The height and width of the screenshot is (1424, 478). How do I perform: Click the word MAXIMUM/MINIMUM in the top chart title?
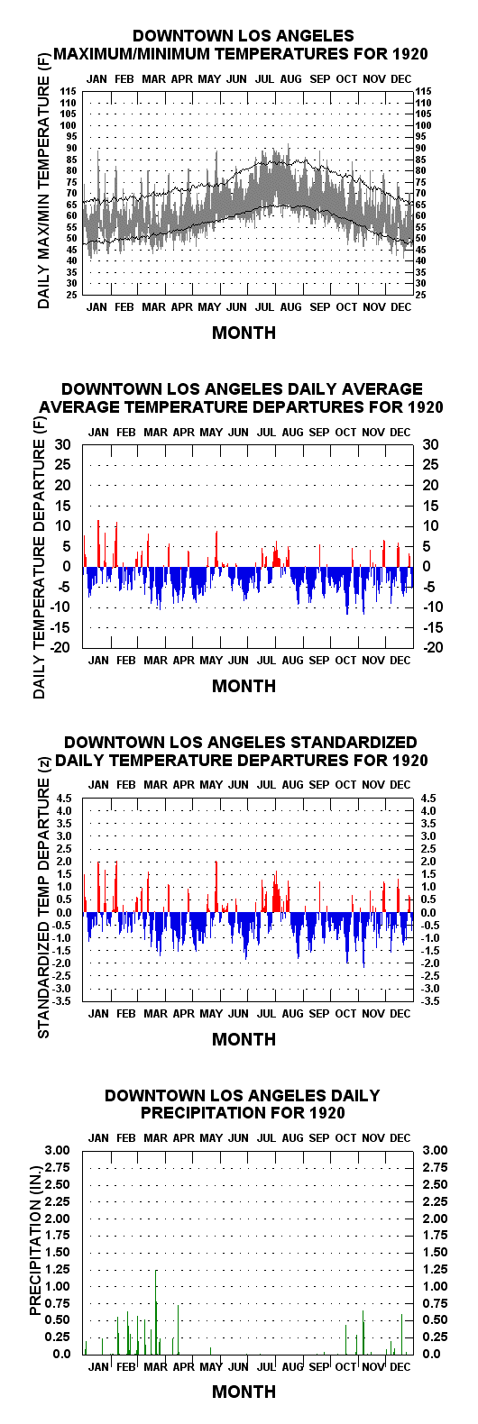click(x=133, y=54)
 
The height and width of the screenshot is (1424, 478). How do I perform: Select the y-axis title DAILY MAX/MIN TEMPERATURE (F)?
click(x=43, y=191)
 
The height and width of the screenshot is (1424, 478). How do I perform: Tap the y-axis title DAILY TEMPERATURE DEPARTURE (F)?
click(x=40, y=561)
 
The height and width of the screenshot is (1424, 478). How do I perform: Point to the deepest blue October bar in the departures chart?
click(x=347, y=590)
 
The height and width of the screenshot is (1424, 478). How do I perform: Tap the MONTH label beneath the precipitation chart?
click(x=244, y=1392)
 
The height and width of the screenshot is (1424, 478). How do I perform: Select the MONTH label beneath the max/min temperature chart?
click(x=244, y=333)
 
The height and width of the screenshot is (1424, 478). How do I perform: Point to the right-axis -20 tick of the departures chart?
click(x=432, y=648)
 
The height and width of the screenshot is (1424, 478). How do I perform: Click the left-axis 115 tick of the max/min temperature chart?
click(x=69, y=92)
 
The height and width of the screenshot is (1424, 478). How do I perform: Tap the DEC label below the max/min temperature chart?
click(x=401, y=307)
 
